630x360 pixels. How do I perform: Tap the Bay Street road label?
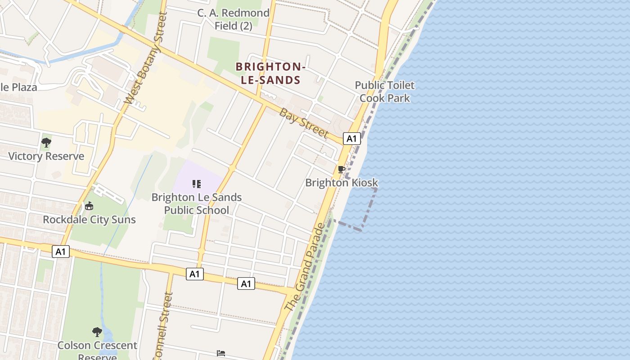[x=304, y=123]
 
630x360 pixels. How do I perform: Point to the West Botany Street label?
[x=145, y=58]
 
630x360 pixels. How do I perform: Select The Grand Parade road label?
[x=305, y=267]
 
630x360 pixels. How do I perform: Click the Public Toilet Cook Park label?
[x=385, y=91]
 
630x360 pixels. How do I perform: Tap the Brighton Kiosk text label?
[x=342, y=183]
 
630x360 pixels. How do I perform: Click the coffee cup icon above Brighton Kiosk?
[x=342, y=170]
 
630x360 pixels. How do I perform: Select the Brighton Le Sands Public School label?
[x=197, y=203]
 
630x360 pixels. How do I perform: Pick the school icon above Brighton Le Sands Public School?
[x=197, y=184]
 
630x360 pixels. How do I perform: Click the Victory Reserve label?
[x=46, y=156]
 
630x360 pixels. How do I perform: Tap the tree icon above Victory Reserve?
[x=46, y=143]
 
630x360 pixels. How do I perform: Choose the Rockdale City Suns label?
[x=89, y=220]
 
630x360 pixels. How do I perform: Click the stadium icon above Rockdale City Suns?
[x=89, y=206]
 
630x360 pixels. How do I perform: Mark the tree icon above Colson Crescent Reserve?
[x=97, y=333]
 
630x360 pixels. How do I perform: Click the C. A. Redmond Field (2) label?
[x=233, y=19]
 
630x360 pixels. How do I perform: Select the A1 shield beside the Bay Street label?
[x=351, y=139]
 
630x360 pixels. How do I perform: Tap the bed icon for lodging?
[x=221, y=353]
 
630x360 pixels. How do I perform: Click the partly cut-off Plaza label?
[x=18, y=87]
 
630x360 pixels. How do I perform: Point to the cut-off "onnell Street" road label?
[x=163, y=326]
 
